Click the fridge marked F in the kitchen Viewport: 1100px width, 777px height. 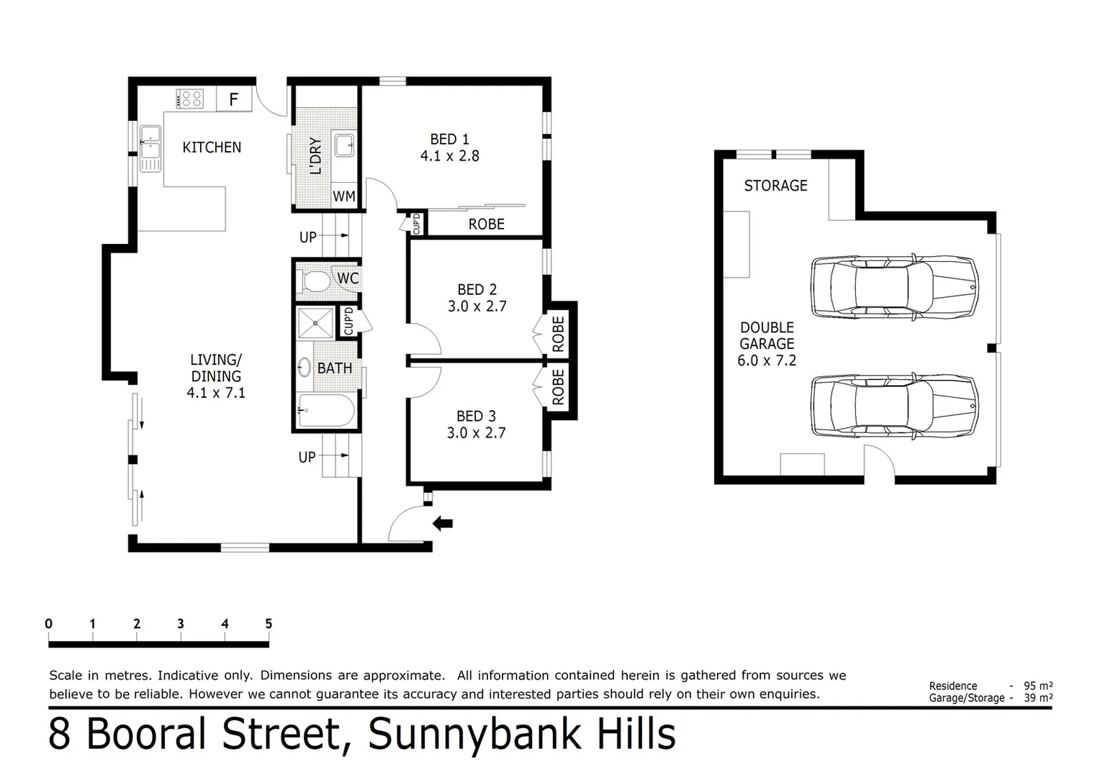pyautogui.click(x=233, y=99)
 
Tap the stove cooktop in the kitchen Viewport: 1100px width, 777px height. pyautogui.click(x=191, y=99)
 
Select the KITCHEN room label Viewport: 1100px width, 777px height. pyautogui.click(x=212, y=147)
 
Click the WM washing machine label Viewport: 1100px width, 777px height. pyautogui.click(x=344, y=196)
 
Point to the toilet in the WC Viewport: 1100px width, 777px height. pyautogui.click(x=314, y=281)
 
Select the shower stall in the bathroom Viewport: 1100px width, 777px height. pyautogui.click(x=315, y=323)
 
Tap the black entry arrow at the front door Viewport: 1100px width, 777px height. pyautogui.click(x=443, y=523)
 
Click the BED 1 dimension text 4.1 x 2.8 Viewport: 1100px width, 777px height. pyautogui.click(x=450, y=156)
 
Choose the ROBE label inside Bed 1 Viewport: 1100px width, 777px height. pyautogui.click(x=486, y=224)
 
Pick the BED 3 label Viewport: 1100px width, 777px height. pyautogui.click(x=476, y=417)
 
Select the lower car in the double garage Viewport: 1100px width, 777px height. pyautogui.click(x=894, y=406)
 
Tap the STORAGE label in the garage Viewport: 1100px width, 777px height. pyautogui.click(x=775, y=186)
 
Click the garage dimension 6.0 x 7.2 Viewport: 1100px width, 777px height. pyautogui.click(x=767, y=360)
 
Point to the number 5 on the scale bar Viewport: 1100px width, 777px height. pyautogui.click(x=269, y=624)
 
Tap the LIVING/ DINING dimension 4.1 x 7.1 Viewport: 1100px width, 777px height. pyautogui.click(x=216, y=393)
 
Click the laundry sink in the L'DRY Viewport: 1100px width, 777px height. pyautogui.click(x=345, y=144)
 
